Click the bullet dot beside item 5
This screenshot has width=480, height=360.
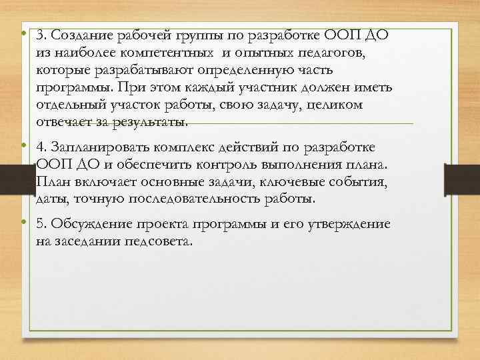(23, 223)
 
